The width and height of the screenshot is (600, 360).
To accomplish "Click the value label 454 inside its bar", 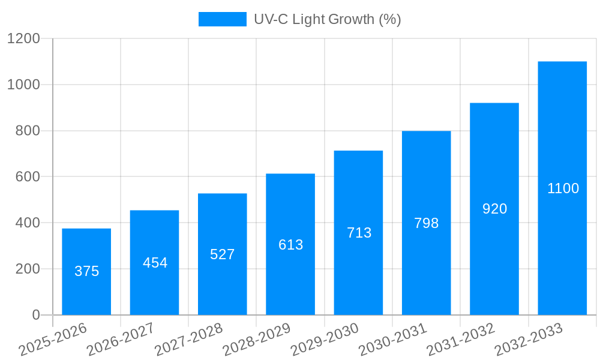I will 155,263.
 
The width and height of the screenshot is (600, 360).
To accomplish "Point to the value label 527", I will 223,254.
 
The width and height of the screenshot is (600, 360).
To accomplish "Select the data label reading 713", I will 359,233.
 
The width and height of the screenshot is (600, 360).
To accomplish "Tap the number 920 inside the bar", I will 494,209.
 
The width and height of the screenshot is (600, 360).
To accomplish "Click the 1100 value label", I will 563,188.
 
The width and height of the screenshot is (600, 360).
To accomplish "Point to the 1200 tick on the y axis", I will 23,39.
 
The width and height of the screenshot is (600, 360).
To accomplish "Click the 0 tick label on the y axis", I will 35,315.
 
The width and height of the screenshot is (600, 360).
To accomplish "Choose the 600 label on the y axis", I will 28,177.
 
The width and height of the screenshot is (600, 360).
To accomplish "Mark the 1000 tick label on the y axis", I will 23,85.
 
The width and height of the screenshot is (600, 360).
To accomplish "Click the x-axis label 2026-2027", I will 121,340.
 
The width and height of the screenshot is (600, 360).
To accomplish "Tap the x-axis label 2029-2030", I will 325,340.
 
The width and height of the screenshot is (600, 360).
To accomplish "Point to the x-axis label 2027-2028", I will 188,340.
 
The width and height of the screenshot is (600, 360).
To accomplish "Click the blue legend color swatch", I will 222,19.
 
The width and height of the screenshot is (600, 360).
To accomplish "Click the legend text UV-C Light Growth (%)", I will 327,19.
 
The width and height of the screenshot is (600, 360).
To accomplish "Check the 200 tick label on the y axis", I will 28,269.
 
